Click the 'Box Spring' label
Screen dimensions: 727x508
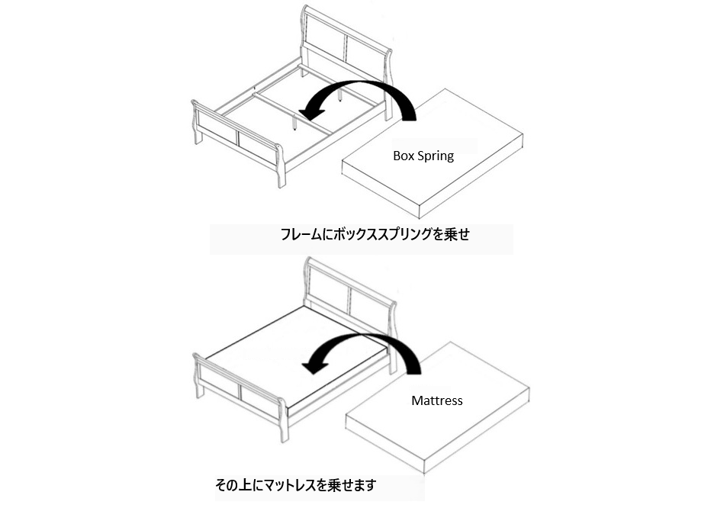423,156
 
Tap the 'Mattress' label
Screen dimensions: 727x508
437,400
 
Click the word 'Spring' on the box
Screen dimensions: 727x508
436,156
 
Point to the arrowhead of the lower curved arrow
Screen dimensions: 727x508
314,366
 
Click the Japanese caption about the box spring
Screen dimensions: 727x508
375,234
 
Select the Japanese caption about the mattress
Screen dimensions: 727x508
296,485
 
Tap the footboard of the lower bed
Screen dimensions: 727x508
241,391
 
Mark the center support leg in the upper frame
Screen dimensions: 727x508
294,122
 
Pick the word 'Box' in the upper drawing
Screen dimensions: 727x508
403,156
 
